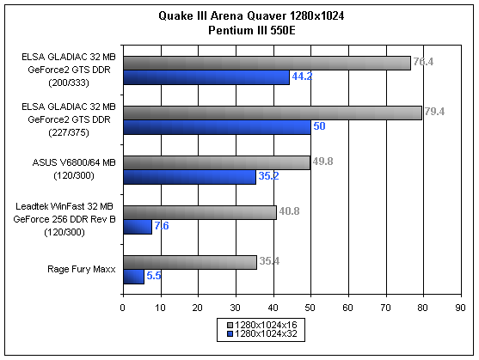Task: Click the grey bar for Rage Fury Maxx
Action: tap(190, 263)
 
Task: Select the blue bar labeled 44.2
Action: tap(206, 77)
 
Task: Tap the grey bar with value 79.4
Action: tap(273, 113)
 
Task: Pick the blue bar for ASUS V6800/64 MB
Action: tap(190, 177)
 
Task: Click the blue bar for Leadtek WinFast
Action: tap(138, 227)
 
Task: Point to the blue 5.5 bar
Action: tap(134, 277)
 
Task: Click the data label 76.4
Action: tap(423, 62)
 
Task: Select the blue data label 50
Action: tap(319, 126)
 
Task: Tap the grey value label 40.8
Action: tap(289, 211)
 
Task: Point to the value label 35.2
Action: tap(269, 176)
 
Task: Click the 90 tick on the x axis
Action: tap(460, 308)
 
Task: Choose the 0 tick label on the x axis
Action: tap(122, 308)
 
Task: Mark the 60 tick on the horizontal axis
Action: tap(347, 308)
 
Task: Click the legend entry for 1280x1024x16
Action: tap(262, 325)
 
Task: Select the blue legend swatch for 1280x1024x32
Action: tap(230, 334)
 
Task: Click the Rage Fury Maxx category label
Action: tap(82, 270)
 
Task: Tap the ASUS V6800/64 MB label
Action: tap(74, 162)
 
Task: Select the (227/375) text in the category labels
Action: tap(69, 132)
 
